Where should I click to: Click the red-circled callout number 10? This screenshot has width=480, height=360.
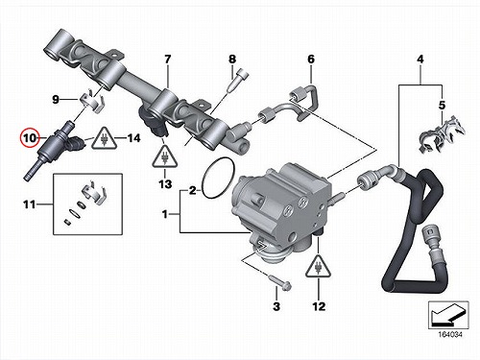[x=30, y=138]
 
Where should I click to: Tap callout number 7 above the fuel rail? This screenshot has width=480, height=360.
[x=168, y=59]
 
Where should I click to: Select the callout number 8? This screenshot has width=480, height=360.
[x=232, y=59]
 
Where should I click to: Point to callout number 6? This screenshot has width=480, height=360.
[x=311, y=59]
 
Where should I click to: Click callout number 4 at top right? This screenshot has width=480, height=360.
[x=420, y=59]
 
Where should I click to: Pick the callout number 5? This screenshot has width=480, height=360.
[x=442, y=105]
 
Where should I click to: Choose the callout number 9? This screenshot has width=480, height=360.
[x=56, y=100]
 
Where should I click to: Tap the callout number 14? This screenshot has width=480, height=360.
[x=134, y=138]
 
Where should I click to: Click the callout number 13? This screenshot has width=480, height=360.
[x=165, y=184]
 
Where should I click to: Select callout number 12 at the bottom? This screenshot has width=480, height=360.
[x=319, y=306]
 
